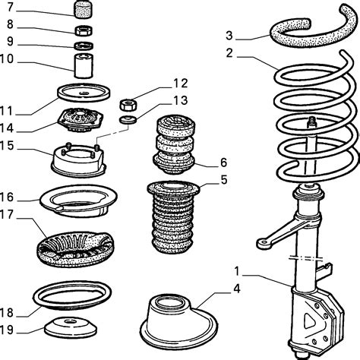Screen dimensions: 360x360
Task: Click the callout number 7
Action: tap(10, 7)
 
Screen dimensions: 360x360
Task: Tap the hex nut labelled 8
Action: tap(84, 30)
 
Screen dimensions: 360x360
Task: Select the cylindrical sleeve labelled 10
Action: tap(84, 65)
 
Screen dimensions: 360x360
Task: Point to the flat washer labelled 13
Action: tap(128, 119)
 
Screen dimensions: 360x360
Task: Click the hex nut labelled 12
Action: tap(128, 105)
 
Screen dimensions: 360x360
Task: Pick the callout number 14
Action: tap(7, 128)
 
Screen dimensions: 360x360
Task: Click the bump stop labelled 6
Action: tap(174, 144)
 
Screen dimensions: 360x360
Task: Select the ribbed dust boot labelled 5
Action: tap(173, 217)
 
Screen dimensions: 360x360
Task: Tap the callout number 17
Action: tap(7, 214)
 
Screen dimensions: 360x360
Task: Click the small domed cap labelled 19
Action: tap(71, 327)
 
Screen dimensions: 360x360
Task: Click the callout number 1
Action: tap(237, 271)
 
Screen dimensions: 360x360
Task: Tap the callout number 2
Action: tap(229, 53)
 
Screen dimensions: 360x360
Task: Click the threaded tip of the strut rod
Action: tap(312, 122)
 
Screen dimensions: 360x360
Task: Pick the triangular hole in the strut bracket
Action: tap(309, 321)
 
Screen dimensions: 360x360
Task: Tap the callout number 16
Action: tap(7, 197)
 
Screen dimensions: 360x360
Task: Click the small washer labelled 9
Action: tap(84, 46)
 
